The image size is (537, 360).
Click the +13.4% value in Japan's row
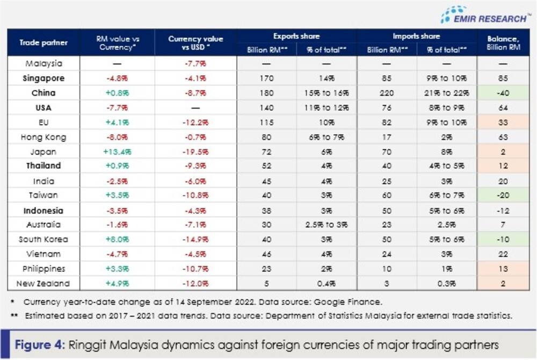[117, 152]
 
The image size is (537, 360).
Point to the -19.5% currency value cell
[195, 152]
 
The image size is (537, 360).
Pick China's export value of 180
[266, 93]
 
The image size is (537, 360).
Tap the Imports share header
[417, 37]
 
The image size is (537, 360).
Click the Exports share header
[296, 37]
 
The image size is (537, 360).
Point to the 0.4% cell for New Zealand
[326, 283]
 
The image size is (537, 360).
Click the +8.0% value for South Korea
[117, 239]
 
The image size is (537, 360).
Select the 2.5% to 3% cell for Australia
[326, 225]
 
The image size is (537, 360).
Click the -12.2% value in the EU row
[195, 123]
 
